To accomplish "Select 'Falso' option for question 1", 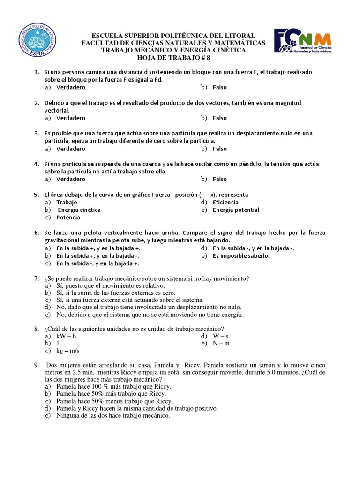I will tap(219, 87).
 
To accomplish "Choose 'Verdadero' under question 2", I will tap(71, 118).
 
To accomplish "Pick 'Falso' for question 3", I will tap(219, 149).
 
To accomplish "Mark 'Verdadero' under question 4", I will tap(71, 179).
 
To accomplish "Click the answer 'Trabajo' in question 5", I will tap(67, 202).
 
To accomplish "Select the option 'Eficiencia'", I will tap(225, 202).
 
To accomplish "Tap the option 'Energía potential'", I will tap(236, 210).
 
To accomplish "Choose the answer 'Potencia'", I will tap(68, 217).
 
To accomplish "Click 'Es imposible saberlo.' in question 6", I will tap(241, 256).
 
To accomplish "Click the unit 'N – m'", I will tap(221, 343).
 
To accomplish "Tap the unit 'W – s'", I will tap(221, 336).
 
